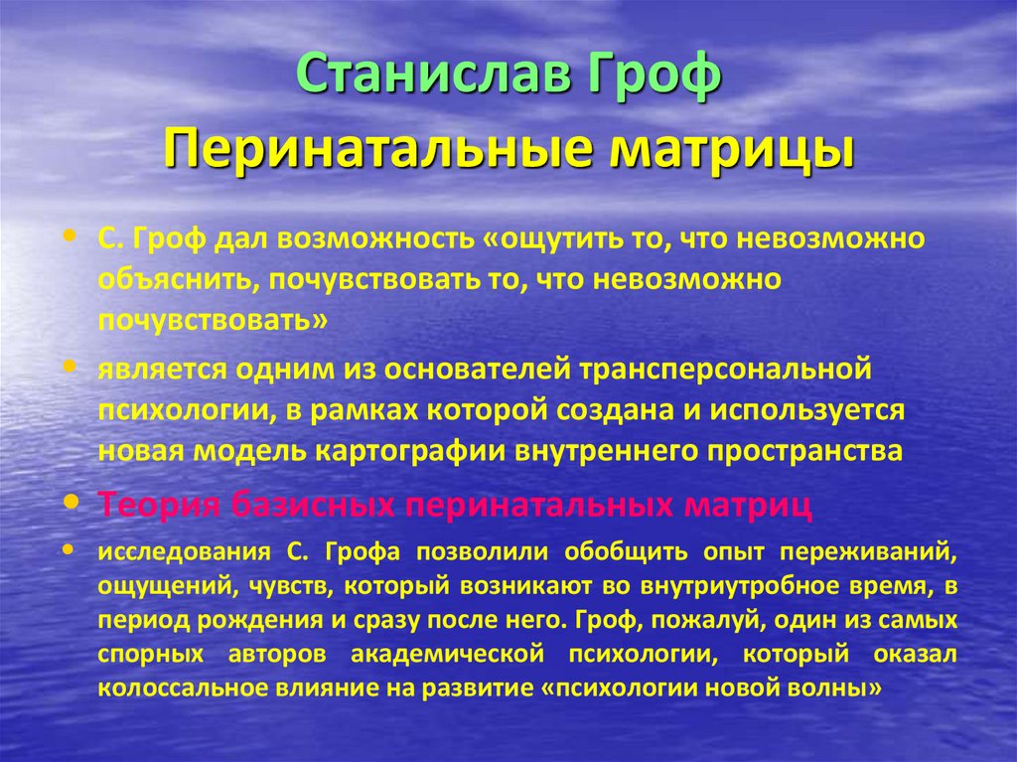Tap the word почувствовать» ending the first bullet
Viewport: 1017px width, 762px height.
click(212, 321)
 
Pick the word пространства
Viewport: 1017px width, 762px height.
click(806, 449)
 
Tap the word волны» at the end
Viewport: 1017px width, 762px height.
click(843, 687)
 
